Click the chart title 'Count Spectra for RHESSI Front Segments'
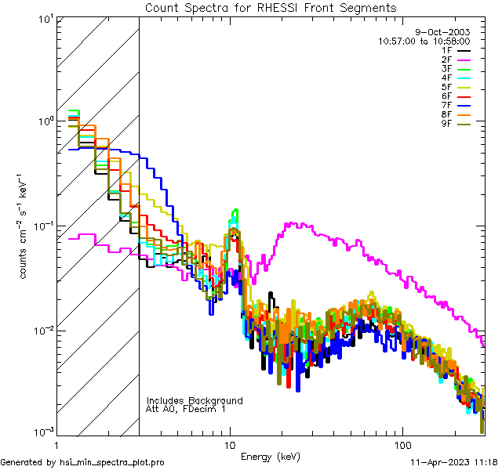tap(271, 8)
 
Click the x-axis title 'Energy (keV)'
tap(270, 456)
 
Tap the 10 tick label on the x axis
tap(229, 443)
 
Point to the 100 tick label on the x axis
tap(402, 443)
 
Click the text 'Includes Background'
tap(195, 400)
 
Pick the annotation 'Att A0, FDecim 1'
tap(186, 409)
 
